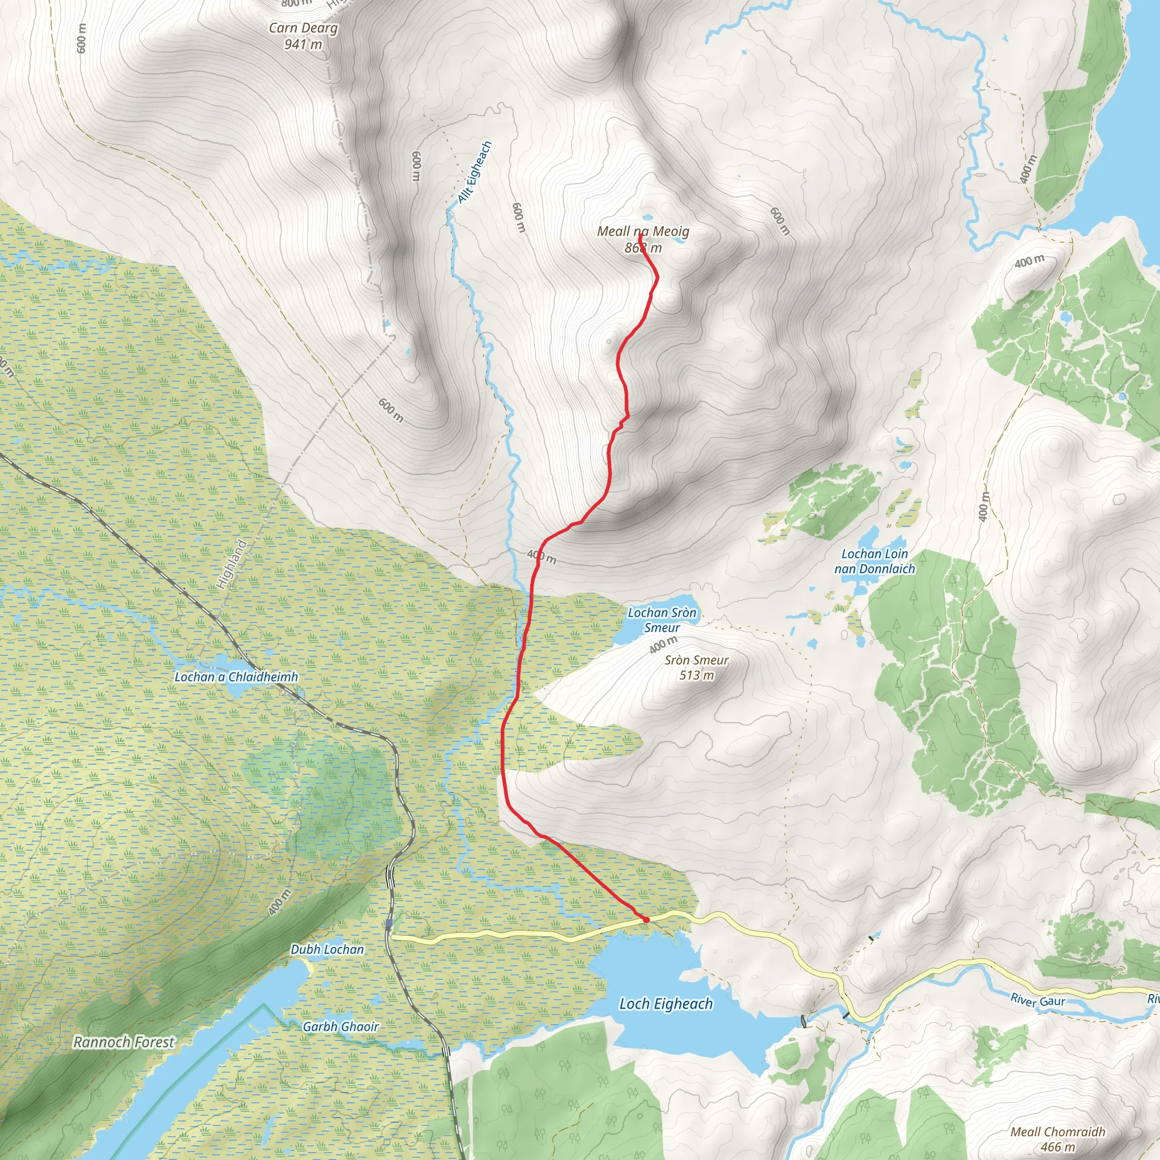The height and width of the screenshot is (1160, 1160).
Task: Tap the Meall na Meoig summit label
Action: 643,239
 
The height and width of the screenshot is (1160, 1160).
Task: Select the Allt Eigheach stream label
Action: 475,172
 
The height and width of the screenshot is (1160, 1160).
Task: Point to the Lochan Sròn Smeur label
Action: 662,620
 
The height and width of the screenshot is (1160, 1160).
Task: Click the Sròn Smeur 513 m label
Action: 697,667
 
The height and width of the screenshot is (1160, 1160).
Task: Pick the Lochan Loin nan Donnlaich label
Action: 874,561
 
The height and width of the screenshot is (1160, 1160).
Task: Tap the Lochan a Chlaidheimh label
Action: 236,677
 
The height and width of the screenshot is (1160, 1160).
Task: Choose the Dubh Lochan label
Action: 327,949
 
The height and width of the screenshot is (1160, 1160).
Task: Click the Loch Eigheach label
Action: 666,1003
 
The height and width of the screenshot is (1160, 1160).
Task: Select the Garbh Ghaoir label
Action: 340,1026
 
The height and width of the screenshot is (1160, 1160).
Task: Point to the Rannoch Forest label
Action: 123,1042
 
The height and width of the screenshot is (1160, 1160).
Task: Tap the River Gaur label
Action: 1038,1000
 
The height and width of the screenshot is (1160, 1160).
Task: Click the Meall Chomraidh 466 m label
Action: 1058,1138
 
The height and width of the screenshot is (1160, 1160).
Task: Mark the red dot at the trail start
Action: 646,920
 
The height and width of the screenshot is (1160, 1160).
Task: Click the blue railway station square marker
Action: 389,923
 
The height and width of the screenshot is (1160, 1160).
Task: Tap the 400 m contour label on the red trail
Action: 541,556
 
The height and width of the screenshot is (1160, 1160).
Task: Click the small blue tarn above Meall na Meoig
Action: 647,218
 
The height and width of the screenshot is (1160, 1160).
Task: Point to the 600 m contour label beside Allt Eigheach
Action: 519,217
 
